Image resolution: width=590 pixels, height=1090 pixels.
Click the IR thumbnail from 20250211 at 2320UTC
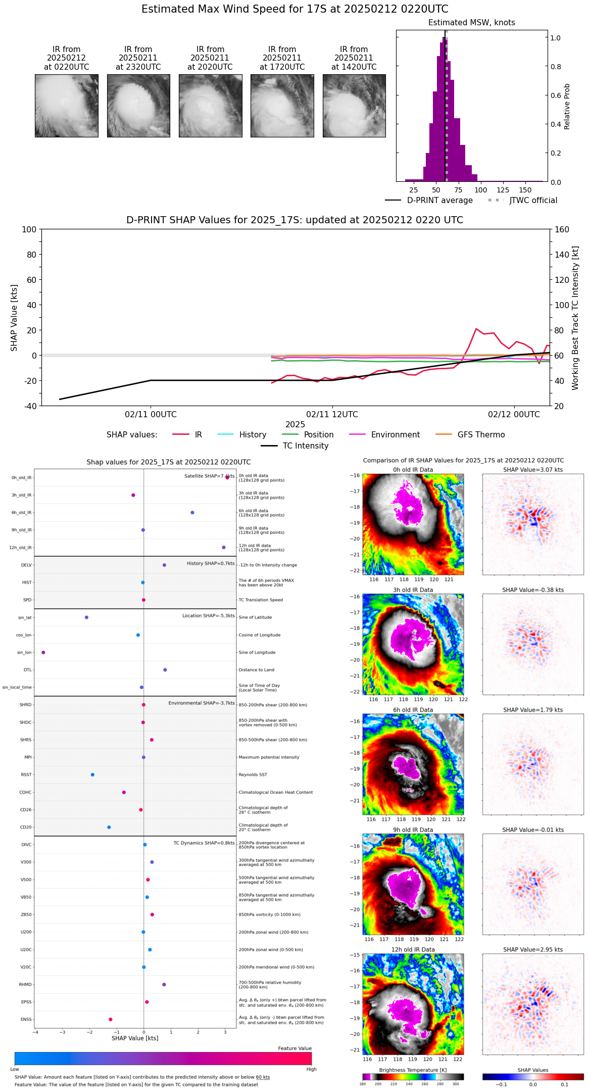(x=138, y=106)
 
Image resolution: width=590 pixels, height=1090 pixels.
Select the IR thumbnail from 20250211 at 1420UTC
(x=354, y=106)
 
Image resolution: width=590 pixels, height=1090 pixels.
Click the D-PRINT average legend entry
(x=429, y=201)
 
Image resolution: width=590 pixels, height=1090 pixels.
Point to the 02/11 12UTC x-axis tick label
(x=332, y=415)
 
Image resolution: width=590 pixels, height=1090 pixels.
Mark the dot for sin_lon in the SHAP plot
(x=43, y=652)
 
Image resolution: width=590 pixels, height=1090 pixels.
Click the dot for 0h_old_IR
(x=227, y=477)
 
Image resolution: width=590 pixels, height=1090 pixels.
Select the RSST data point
(x=92, y=774)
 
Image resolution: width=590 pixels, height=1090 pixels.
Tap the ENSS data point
(x=111, y=1019)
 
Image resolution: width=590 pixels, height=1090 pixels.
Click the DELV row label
(x=26, y=565)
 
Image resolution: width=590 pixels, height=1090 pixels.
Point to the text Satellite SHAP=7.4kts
(x=209, y=476)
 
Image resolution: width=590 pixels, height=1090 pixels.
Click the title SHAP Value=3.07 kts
(x=532, y=470)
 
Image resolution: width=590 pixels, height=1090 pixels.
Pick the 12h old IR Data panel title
(x=413, y=950)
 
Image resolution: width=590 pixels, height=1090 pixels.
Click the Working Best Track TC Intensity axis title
(x=575, y=318)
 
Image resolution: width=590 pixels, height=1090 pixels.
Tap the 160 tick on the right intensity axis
(x=562, y=229)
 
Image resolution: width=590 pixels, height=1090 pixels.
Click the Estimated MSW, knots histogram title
(x=471, y=23)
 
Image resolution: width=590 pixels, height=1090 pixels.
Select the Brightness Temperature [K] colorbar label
(x=413, y=1070)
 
